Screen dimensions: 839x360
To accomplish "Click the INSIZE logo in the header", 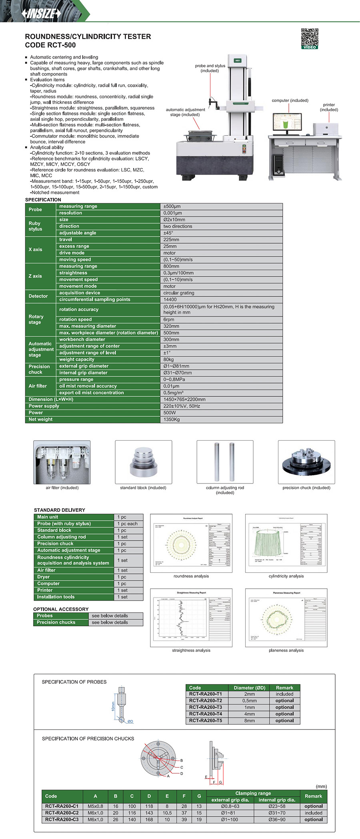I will [41, 13].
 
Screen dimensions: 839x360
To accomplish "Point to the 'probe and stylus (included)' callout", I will [210, 68].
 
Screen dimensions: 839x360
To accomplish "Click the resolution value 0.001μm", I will [172, 213].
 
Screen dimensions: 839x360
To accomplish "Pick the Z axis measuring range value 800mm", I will [171, 266].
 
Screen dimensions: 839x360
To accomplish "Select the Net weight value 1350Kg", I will [172, 419].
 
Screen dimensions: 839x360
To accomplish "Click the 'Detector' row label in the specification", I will [38, 296].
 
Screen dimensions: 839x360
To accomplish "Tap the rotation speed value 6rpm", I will [169, 320].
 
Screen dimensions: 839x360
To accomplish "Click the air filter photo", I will [62, 462].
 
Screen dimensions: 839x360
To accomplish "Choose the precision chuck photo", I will [306, 462].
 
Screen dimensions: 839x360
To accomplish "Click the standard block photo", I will [143, 462].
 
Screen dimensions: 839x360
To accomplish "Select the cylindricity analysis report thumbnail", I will [286, 543].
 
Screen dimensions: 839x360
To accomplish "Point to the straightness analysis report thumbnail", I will [191, 617].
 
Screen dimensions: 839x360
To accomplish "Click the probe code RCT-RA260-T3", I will [206, 707].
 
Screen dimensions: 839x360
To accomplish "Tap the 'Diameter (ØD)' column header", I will [249, 688].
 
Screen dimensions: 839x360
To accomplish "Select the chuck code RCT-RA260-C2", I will [62, 813].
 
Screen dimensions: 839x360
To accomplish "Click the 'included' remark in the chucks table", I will [313, 813].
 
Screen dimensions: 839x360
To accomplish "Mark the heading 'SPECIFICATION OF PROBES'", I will [74, 682].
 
